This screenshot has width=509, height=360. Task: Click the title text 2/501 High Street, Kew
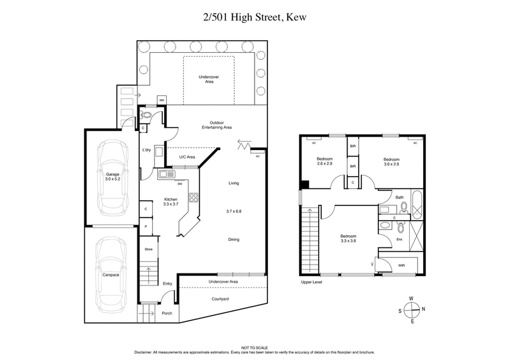click(254, 17)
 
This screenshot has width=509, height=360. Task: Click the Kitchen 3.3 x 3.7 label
click(169, 202)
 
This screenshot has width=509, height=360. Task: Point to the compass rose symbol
click(412, 310)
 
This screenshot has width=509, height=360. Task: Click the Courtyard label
click(221, 298)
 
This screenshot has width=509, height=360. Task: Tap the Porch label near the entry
click(167, 313)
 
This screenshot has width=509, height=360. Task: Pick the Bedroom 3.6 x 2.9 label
click(391, 162)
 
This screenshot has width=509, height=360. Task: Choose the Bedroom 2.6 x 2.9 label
click(325, 162)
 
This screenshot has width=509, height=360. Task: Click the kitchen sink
click(165, 174)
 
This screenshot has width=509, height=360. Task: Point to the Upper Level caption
click(312, 282)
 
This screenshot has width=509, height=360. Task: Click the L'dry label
click(146, 150)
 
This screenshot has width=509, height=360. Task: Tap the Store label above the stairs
click(148, 249)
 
